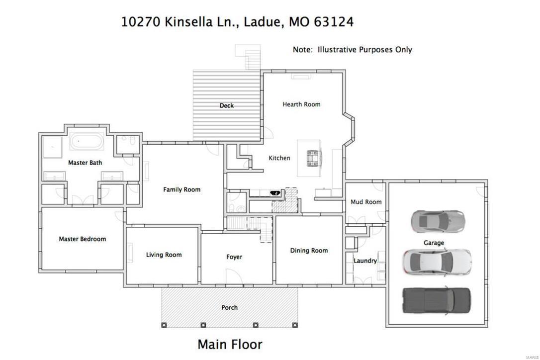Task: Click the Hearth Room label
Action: click(x=301, y=104)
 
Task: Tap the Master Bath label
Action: click(x=85, y=163)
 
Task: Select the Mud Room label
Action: click(x=366, y=202)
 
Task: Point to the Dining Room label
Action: click(x=309, y=251)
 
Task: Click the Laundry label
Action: click(x=365, y=261)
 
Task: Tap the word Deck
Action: click(x=227, y=105)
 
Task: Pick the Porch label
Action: click(x=229, y=307)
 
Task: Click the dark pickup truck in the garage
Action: click(x=436, y=300)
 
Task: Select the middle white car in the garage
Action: click(x=437, y=261)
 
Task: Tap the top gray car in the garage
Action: click(x=438, y=221)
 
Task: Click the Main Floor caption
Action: click(x=230, y=344)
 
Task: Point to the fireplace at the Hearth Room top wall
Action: click(x=301, y=76)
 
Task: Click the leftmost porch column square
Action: click(x=165, y=325)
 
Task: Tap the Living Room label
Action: click(x=164, y=255)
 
